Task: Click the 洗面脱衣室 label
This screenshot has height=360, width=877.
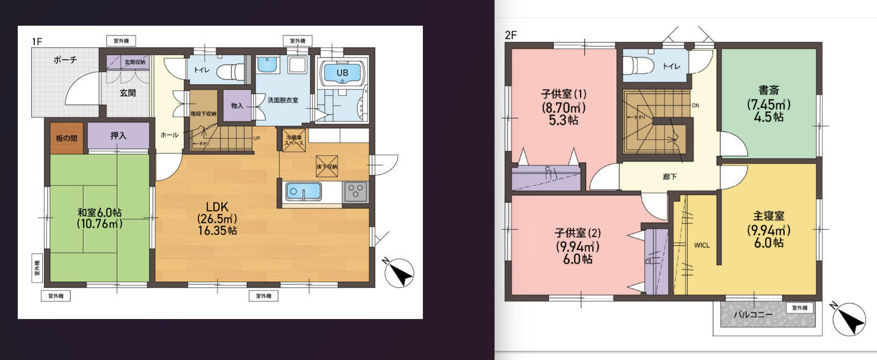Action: [282, 100]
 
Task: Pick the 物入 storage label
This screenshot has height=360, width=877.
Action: [237, 106]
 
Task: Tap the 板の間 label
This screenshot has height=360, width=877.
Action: [66, 138]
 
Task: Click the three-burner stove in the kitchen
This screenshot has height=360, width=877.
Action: [355, 192]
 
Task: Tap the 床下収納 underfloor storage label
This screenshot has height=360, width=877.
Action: [327, 166]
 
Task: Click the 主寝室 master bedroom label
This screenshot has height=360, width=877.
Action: [769, 216]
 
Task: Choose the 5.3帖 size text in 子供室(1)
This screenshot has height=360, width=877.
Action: [563, 120]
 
